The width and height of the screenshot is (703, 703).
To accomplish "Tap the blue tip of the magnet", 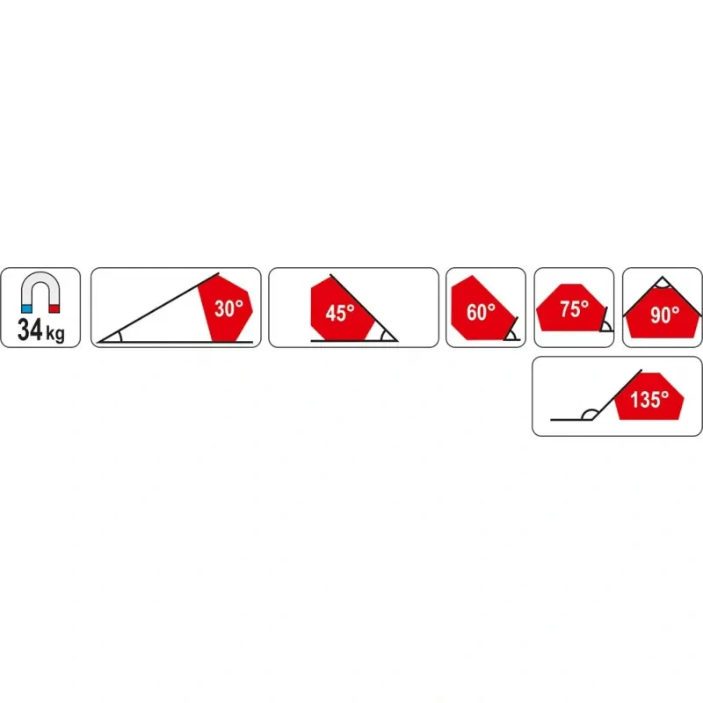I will (26, 309).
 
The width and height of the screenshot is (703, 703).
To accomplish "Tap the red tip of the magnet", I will (54, 309).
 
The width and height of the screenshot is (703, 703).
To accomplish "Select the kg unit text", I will (55, 335).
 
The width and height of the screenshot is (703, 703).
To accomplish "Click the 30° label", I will (228, 309).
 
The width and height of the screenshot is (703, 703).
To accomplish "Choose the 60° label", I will (481, 311).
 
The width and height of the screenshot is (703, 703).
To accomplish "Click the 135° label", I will (649, 401).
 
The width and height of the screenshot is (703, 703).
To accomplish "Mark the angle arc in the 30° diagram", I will (116, 336).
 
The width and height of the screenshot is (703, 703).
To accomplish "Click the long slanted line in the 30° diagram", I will (158, 304).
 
